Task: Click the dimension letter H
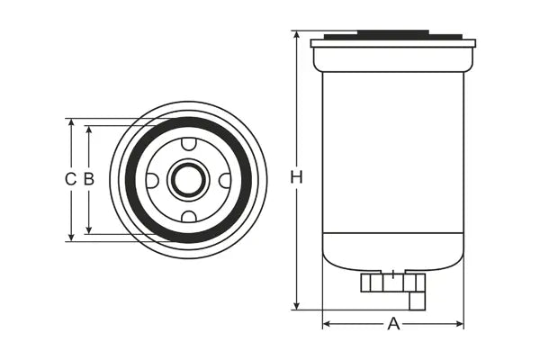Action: [296, 177]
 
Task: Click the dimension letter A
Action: [393, 324]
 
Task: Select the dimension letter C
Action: [70, 179]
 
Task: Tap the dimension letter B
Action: [88, 179]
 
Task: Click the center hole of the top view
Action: [188, 180]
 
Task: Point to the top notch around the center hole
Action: [188, 144]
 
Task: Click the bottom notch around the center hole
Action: [188, 216]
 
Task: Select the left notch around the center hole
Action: [152, 180]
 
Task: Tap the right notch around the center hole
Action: [224, 180]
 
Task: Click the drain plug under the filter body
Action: [392, 283]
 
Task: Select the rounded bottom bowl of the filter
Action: [392, 252]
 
